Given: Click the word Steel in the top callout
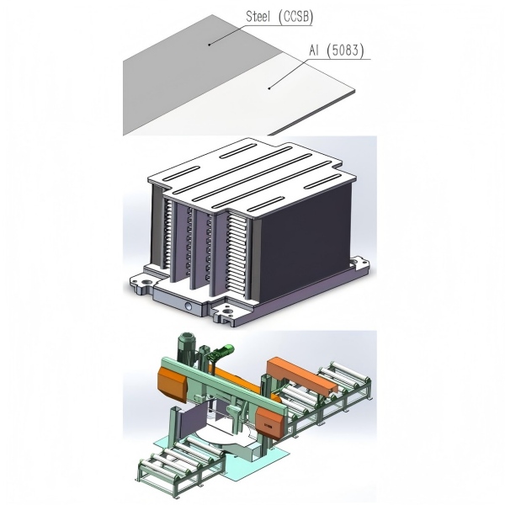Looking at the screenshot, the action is tap(258, 17).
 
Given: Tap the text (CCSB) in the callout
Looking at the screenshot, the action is tap(295, 17).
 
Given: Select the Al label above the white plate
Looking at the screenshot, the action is tap(314, 50).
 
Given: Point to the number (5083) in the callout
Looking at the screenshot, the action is tap(345, 50).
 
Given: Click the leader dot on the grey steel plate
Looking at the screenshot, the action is tap(210, 45).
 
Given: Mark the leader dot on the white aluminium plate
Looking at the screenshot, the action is tap(269, 88).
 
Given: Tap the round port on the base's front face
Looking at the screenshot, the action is tap(188, 306).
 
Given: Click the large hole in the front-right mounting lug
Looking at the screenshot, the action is tap(228, 311).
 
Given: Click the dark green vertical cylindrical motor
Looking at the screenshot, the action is tap(186, 347).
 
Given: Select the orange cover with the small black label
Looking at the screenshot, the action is tap(270, 425).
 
